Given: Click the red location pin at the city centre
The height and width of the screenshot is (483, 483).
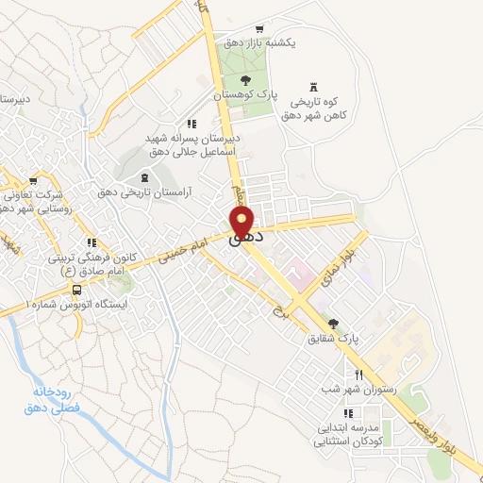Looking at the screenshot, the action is [242, 224].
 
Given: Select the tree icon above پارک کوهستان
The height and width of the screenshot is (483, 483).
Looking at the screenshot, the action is [245, 80].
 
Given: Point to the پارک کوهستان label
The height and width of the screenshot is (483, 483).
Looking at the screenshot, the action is [245, 95].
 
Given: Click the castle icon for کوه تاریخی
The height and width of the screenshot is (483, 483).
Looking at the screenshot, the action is [313, 84].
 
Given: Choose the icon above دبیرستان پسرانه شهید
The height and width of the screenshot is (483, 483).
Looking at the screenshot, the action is [192, 124].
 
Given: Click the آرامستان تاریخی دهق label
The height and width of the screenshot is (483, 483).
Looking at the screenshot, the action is [144, 192].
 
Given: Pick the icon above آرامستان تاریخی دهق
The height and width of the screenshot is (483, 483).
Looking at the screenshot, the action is [144, 177].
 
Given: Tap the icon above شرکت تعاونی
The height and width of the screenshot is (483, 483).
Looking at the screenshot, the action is [33, 178].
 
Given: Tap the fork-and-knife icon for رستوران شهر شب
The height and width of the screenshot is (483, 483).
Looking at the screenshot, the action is [358, 375].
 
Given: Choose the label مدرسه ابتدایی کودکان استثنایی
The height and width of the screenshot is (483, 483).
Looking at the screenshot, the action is [349, 427].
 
